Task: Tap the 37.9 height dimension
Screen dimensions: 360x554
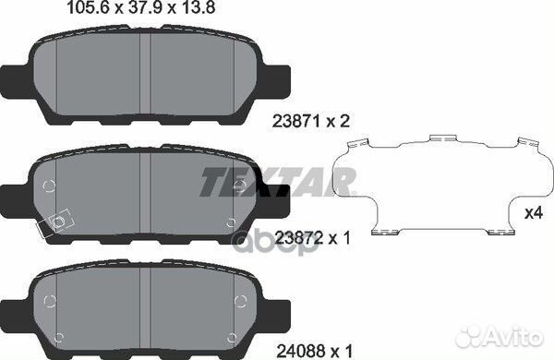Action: pyautogui.click(x=163, y=10)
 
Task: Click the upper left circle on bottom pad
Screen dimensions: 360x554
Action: pyautogui.click(x=50, y=280)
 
